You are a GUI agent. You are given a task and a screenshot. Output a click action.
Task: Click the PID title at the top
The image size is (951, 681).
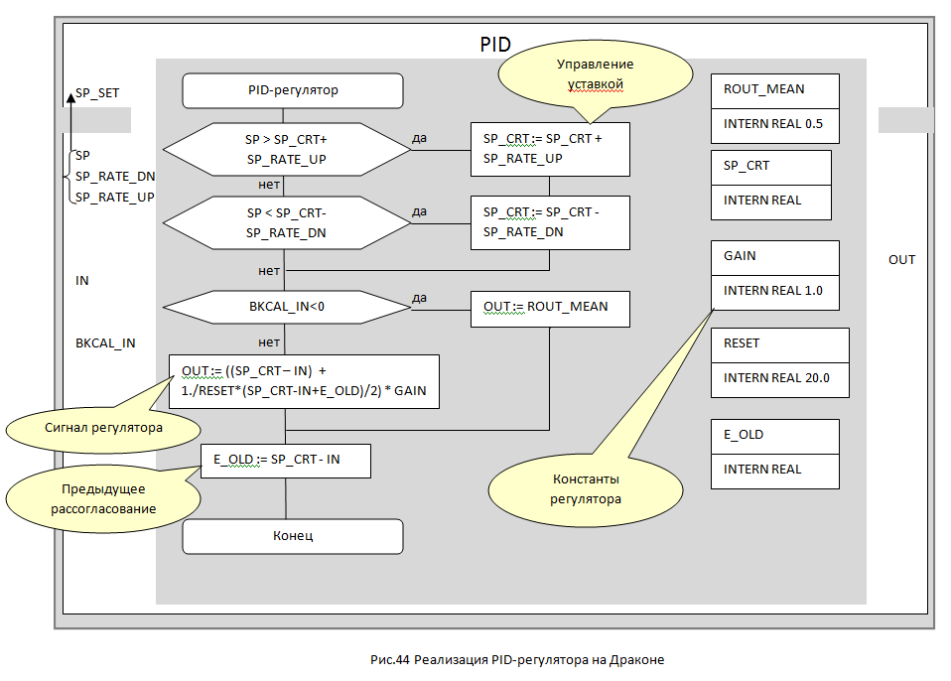495,45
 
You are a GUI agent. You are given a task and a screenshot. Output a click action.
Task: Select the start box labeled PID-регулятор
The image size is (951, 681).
293,90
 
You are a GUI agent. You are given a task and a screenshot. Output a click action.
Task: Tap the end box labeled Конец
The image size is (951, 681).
293,536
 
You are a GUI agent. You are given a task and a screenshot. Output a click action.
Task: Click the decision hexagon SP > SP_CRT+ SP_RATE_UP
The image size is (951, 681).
286,149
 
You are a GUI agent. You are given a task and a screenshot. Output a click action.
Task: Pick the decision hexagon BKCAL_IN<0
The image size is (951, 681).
286,307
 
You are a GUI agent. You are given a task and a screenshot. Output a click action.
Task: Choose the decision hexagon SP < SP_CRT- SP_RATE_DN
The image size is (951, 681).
286,222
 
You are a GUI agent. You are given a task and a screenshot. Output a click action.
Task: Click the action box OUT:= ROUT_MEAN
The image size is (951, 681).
550,308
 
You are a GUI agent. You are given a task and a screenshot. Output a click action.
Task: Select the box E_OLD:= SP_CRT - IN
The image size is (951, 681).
285,461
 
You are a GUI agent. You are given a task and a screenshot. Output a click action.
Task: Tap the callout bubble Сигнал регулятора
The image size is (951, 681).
86,428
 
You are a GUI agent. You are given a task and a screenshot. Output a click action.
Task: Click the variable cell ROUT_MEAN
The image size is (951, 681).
774,89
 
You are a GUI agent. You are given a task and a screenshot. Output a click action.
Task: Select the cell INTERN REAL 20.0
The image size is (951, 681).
779,378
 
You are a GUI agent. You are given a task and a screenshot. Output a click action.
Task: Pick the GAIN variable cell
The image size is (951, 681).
774,256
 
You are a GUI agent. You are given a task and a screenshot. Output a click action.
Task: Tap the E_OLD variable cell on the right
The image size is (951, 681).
774,435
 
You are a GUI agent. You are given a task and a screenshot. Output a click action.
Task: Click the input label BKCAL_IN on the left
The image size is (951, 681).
105,342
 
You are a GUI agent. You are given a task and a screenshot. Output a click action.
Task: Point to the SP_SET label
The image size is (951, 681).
97,92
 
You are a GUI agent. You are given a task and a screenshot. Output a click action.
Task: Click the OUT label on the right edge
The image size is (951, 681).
901,260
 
